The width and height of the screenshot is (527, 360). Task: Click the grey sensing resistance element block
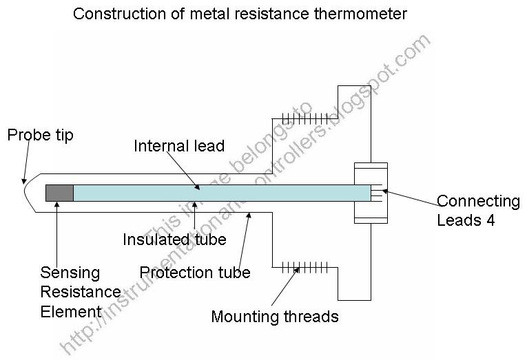click(59, 193)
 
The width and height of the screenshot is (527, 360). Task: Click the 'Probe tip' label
click(40, 134)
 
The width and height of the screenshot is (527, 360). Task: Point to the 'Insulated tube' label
click(174, 239)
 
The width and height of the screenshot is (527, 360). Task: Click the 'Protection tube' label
click(195, 272)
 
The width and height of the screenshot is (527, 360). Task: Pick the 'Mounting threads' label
click(275, 317)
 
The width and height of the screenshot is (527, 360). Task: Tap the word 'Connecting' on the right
click(478, 202)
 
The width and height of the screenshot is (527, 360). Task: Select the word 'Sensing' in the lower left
click(70, 273)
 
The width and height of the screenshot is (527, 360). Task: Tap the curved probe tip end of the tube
click(28, 192)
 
